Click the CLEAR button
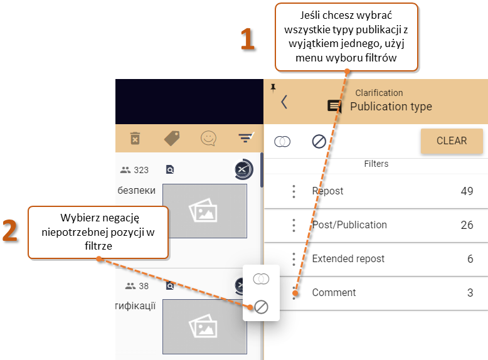(452, 140)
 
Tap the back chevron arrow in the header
(284, 102)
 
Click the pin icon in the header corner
(273, 88)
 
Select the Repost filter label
(327, 191)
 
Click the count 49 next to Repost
(467, 191)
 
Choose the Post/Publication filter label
(349, 225)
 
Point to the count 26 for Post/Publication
(467, 225)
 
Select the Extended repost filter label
(348, 258)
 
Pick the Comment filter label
(334, 292)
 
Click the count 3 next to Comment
(470, 292)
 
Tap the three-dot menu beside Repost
(294, 191)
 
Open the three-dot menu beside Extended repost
(294, 259)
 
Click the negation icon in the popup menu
(261, 307)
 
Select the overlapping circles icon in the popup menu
(261, 279)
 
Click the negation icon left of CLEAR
(319, 142)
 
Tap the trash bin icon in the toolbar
(135, 139)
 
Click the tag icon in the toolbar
(172, 139)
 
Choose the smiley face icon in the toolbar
(208, 138)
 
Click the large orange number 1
(248, 39)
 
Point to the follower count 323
(141, 170)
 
